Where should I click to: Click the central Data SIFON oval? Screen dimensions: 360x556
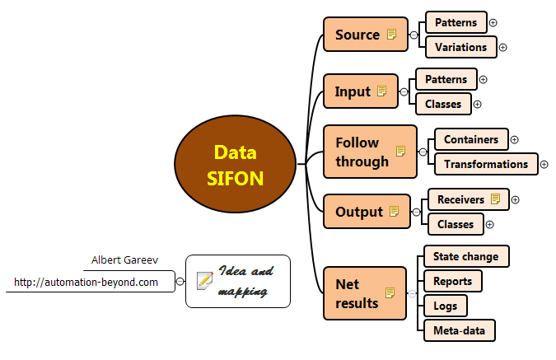click(235, 165)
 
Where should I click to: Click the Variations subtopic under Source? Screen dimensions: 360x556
click(460, 47)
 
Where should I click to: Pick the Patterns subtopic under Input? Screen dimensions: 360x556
click(446, 80)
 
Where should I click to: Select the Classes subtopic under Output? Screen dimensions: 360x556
click(455, 224)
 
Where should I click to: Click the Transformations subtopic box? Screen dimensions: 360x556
click(485, 164)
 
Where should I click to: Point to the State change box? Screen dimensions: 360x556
click(466, 256)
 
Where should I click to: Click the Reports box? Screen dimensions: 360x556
click(452, 281)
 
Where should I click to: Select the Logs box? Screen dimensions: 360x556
click(445, 306)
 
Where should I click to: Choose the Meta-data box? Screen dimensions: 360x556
click(459, 331)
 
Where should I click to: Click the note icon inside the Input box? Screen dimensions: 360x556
click(382, 91)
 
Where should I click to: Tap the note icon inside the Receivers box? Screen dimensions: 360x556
click(495, 199)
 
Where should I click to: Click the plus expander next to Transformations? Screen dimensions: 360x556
click(544, 164)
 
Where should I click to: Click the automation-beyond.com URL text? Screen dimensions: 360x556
click(86, 282)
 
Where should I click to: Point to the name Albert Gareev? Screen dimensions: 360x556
click(124, 260)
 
